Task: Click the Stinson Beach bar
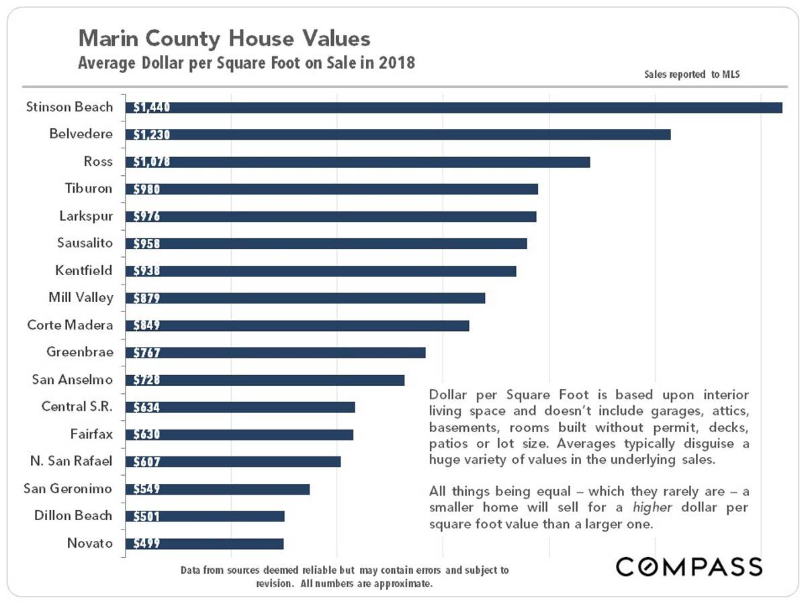click(454, 107)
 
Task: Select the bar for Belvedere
click(398, 135)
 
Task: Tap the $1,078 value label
click(152, 162)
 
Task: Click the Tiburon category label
click(89, 189)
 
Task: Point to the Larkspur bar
click(331, 216)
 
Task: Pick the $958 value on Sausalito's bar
click(146, 244)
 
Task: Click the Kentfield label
click(84, 270)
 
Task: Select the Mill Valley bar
click(305, 298)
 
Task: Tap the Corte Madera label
click(70, 325)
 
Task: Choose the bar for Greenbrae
click(275, 352)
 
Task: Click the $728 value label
click(146, 380)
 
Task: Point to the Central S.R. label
click(77, 407)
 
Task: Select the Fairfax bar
click(239, 435)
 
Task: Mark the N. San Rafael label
click(71, 461)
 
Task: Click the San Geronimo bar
click(218, 489)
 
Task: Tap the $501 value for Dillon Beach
click(146, 516)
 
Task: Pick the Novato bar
click(205, 544)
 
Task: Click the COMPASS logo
click(689, 567)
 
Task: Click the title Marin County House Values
click(224, 38)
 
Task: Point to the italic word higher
click(652, 507)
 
